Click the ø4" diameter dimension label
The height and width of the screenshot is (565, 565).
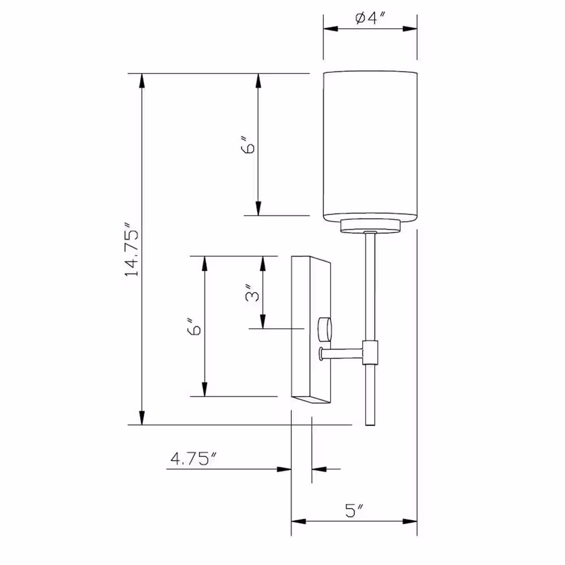[371, 18]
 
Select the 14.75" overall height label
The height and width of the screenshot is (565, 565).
[132, 250]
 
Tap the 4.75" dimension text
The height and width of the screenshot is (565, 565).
[193, 459]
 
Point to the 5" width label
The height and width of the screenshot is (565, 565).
[354, 510]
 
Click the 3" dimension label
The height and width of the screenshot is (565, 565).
[252, 293]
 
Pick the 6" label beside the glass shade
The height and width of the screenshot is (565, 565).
[247, 145]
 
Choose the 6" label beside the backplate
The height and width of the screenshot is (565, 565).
[194, 327]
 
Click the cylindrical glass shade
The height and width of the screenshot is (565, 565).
[370, 146]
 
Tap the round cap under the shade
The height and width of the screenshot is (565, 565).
[370, 225]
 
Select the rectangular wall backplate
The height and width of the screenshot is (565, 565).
[311, 329]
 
